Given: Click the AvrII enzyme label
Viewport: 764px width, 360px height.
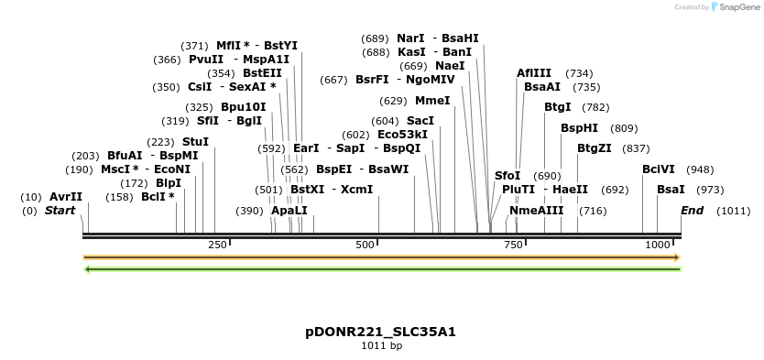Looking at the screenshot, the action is [66, 197].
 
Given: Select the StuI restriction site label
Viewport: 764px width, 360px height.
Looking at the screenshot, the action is [195, 142].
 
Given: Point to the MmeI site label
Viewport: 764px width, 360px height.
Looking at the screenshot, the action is [432, 101].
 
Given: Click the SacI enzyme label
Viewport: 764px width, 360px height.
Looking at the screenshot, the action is [420, 121].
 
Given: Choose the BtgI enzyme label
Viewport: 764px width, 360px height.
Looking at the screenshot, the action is [557, 107].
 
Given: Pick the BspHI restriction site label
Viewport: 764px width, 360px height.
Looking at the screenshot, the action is [579, 128].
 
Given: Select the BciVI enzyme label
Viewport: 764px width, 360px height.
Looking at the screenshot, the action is [659, 169].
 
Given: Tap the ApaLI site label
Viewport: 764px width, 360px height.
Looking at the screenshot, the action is [289, 211].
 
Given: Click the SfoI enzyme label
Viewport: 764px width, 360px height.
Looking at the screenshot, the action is [508, 176].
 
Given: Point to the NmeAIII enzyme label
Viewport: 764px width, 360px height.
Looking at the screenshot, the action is [537, 211].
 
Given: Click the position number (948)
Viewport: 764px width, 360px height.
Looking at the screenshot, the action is [701, 169].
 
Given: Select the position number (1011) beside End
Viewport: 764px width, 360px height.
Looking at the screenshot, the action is [734, 211].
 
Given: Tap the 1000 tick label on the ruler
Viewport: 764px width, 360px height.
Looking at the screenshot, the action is [658, 245].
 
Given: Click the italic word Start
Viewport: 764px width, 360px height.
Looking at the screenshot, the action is [60, 211].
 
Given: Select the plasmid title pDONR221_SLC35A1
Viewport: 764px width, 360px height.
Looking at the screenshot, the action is [381, 332].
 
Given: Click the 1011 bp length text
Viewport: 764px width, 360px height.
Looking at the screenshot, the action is [381, 346].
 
